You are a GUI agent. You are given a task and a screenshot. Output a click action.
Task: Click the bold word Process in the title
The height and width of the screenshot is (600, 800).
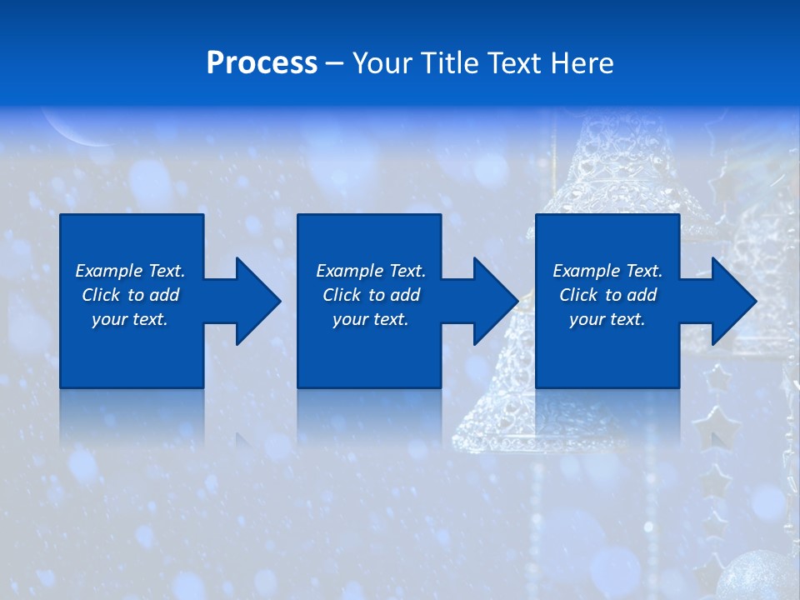(262, 63)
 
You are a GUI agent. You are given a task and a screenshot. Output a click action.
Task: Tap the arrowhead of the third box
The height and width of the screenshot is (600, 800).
(732, 301)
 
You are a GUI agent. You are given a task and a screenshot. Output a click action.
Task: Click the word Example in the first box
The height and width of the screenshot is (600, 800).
(108, 271)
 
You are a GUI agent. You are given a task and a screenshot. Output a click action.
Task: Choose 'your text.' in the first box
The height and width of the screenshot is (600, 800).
(130, 319)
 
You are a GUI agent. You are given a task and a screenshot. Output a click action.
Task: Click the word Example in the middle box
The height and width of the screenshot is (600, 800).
(349, 271)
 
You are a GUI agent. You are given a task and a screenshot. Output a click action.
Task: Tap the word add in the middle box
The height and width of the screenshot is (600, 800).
(405, 295)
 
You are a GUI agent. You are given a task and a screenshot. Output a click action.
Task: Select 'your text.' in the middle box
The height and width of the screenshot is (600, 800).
(371, 319)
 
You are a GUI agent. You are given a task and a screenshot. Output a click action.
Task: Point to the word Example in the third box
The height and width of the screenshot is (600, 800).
(586, 271)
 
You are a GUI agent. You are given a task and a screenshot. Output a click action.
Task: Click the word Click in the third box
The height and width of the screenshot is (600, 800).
(579, 295)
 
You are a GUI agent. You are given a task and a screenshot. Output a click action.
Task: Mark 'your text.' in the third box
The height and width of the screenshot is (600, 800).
(607, 319)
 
